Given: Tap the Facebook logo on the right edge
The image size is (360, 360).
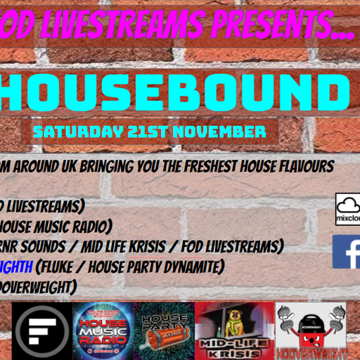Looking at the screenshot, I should (x=348, y=251).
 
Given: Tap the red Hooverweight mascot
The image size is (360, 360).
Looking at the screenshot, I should (x=309, y=320).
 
